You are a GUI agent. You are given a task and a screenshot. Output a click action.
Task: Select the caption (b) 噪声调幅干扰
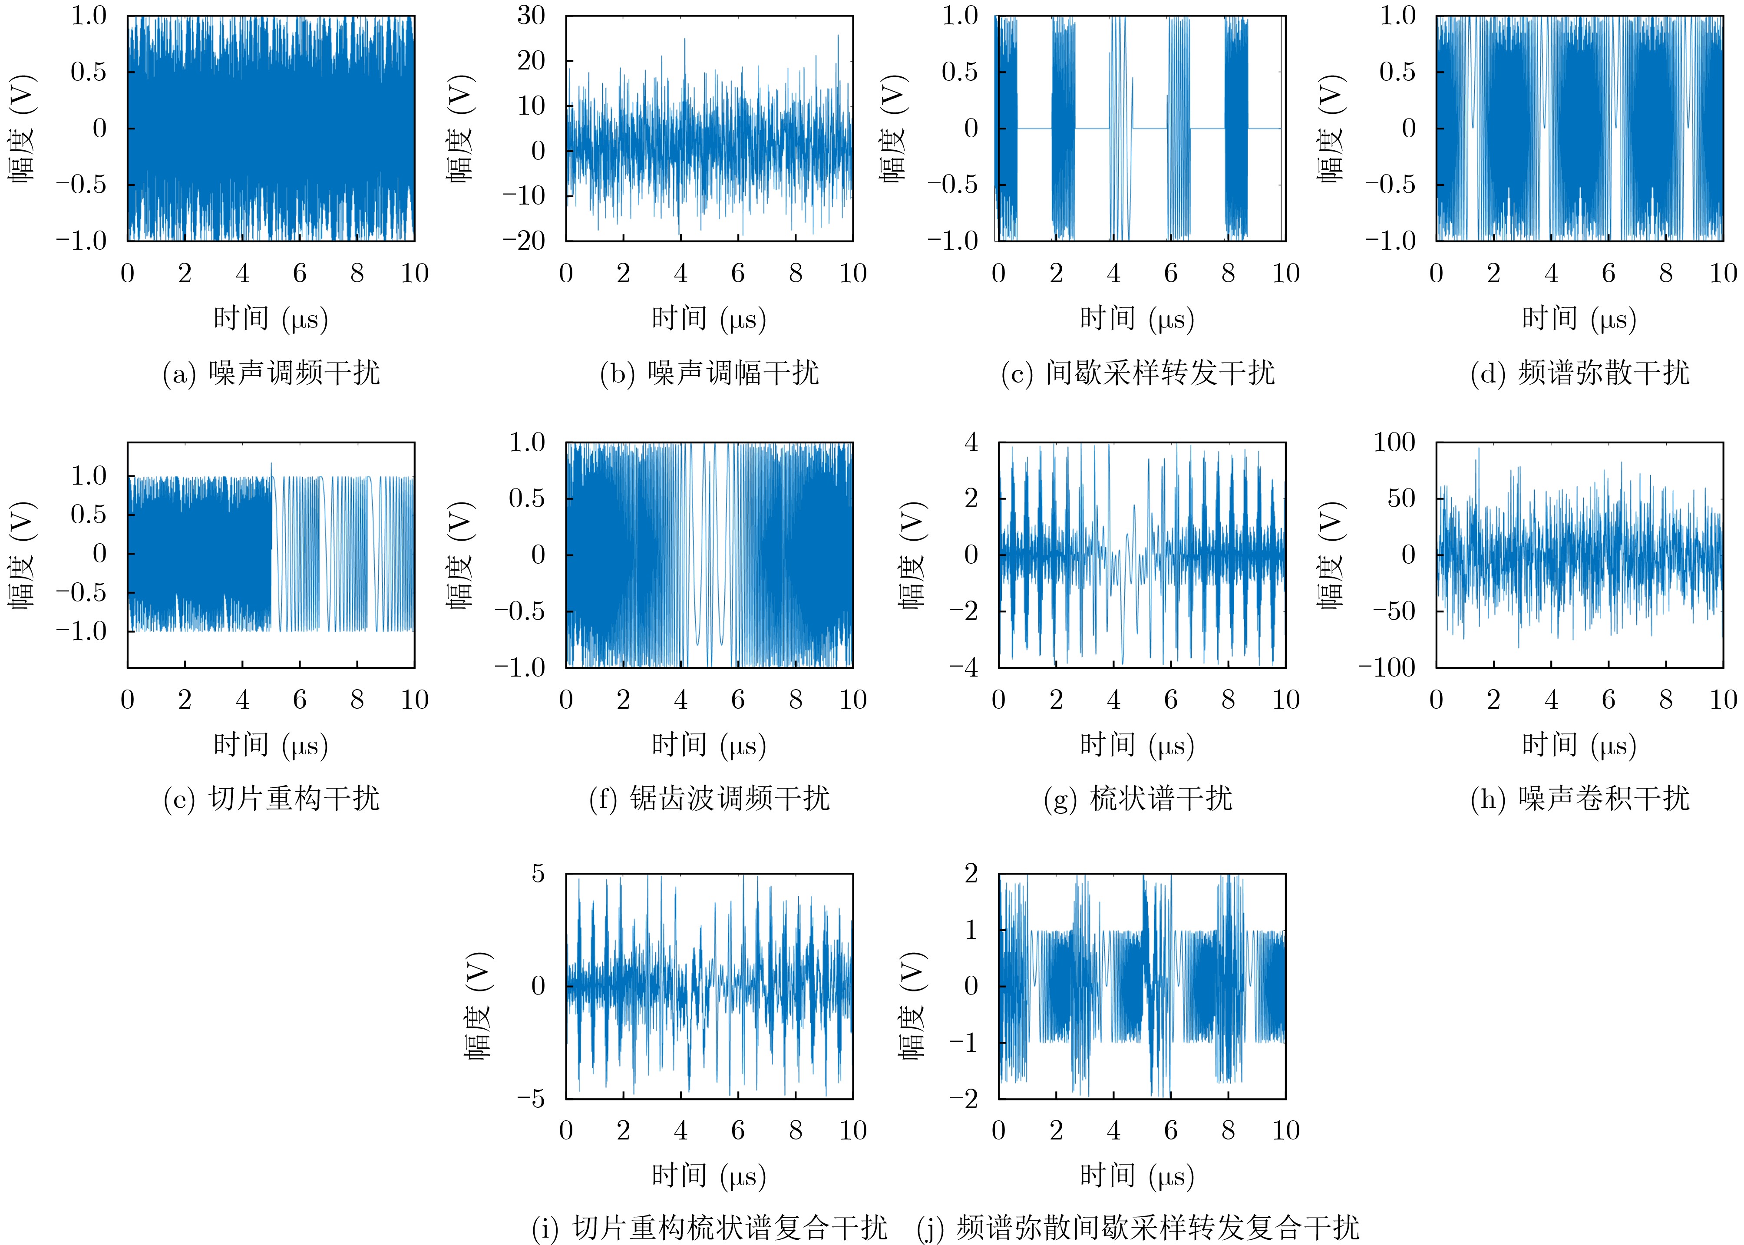(x=709, y=373)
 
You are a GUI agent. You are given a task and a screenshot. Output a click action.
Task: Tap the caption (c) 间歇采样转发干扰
(x=1138, y=373)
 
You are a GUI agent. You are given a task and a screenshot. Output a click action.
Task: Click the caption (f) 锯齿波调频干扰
(x=709, y=799)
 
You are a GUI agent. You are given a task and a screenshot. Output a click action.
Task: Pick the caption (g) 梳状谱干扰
(x=1138, y=799)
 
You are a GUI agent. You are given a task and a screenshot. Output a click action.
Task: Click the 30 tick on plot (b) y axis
(x=531, y=15)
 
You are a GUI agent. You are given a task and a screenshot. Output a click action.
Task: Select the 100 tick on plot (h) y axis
(x=1394, y=443)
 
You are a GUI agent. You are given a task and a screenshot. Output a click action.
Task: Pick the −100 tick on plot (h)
(x=1386, y=668)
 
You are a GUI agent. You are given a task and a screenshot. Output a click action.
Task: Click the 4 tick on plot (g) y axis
(x=971, y=443)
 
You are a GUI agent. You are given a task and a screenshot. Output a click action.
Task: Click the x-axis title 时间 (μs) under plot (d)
(x=1579, y=318)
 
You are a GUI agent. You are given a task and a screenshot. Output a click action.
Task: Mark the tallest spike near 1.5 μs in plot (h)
(x=1479, y=450)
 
